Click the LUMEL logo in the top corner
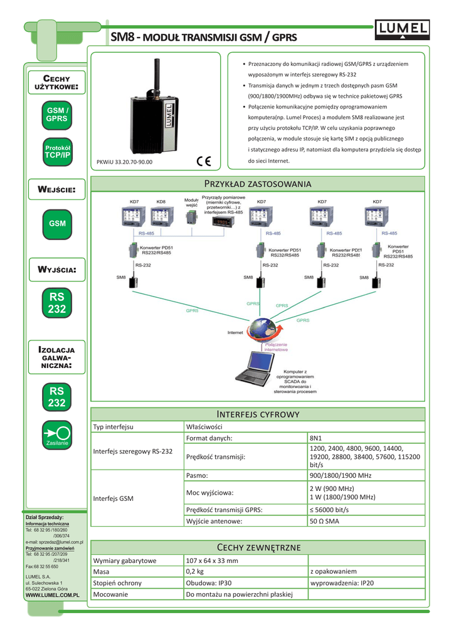(402, 29)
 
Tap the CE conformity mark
(204, 160)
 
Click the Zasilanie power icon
(57, 434)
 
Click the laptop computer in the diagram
(255, 371)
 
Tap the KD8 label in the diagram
(161, 201)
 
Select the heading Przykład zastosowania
(258, 183)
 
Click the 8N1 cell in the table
(317, 438)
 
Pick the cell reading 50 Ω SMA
(324, 521)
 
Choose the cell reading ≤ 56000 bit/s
(329, 509)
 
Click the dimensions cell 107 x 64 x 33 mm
(212, 560)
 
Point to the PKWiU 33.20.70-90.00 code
(124, 162)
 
